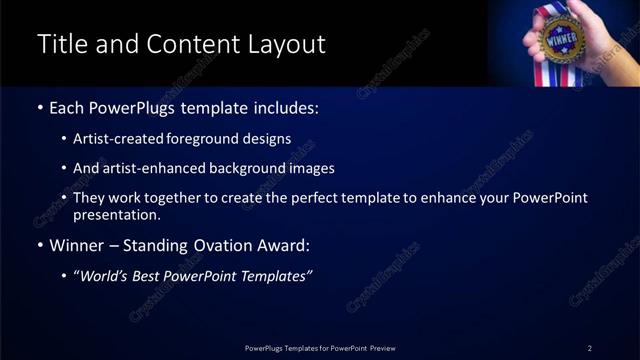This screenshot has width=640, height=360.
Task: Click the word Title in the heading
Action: pos(59,44)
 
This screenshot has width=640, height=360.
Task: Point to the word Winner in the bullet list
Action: pos(78,245)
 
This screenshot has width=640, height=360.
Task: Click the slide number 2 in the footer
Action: pos(590,348)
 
